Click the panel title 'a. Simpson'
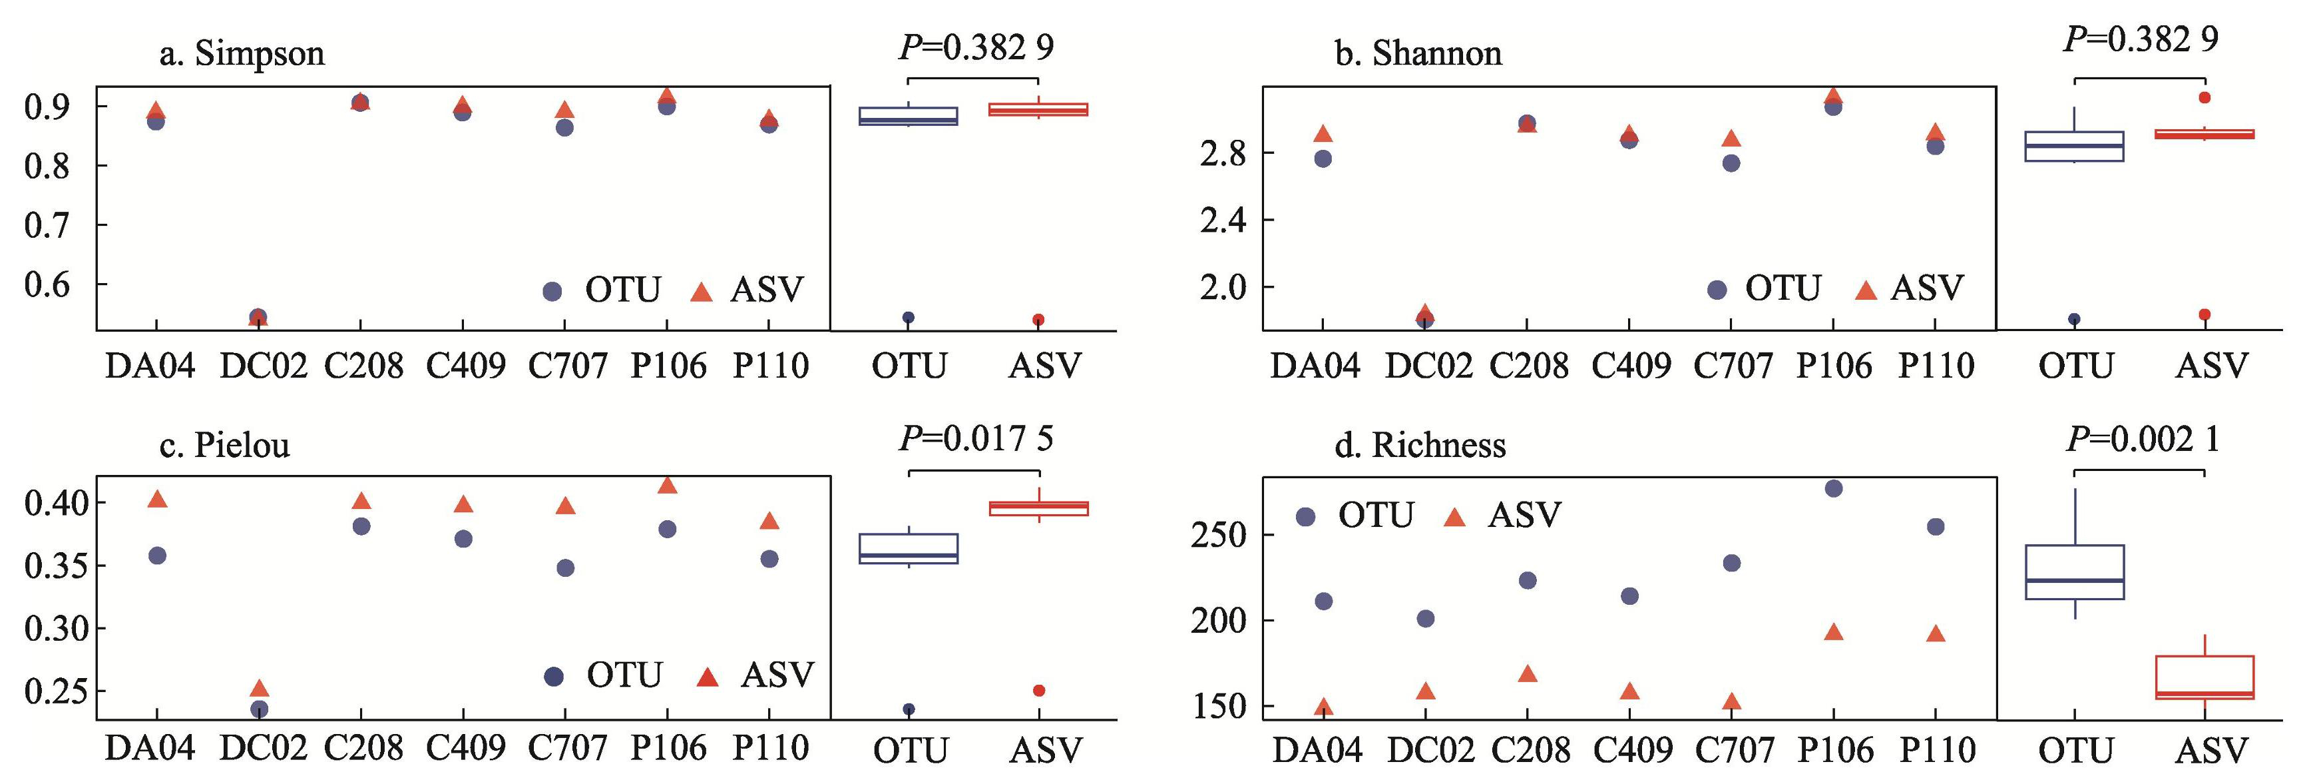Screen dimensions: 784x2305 [242, 54]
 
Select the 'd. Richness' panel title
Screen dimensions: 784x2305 [1420, 445]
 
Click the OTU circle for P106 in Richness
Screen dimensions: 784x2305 [1834, 488]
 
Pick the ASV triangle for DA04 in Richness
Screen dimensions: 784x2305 [1323, 707]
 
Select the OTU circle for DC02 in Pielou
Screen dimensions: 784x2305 [260, 709]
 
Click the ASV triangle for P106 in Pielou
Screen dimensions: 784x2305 [668, 485]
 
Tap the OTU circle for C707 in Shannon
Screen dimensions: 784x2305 [1731, 163]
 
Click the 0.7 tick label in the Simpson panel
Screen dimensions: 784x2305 [47, 226]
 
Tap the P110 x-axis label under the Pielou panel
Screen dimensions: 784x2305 [770, 748]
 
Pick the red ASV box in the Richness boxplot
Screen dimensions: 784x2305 [2204, 677]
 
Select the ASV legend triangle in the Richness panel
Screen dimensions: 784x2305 [1456, 516]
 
